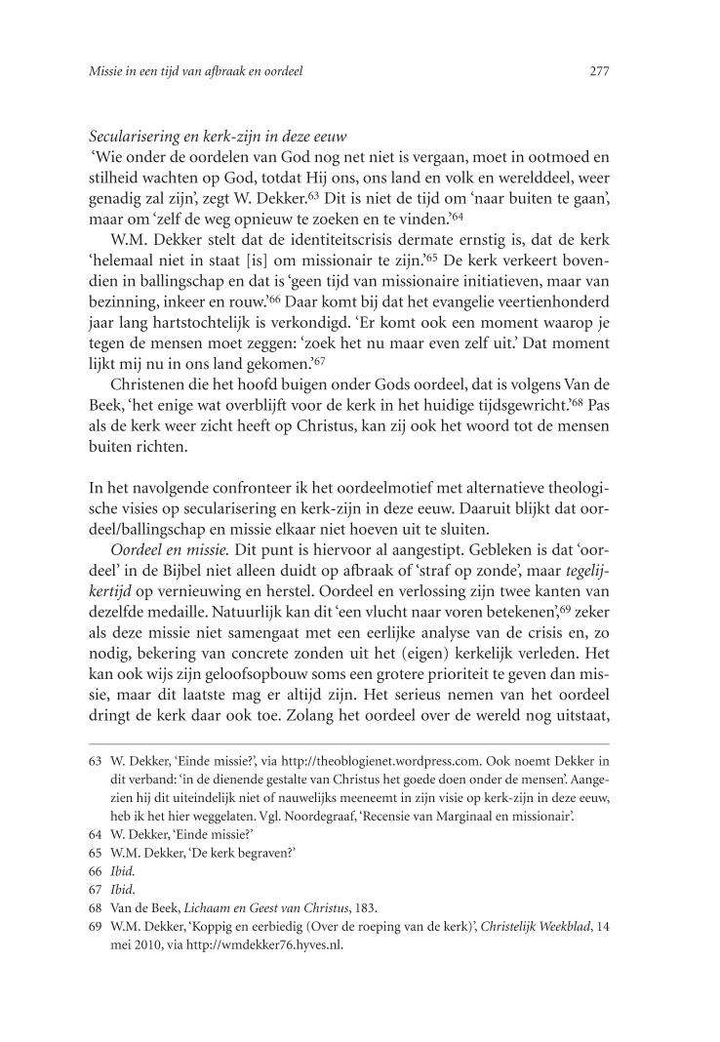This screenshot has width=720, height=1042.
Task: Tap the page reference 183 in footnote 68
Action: [364, 906]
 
